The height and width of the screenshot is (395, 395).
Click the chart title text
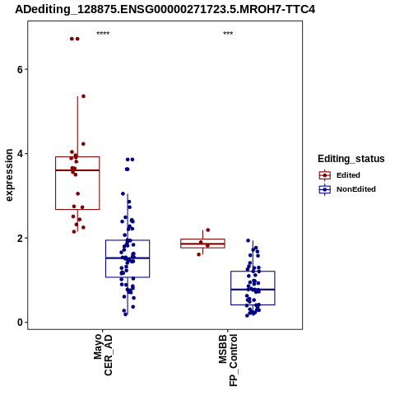point(165,9)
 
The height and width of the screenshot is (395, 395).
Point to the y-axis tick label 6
point(20,69)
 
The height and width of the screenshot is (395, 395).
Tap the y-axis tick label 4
point(20,154)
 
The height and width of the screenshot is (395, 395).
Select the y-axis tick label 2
point(20,238)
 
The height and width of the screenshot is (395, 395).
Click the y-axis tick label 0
point(20,323)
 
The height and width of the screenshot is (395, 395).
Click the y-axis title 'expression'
point(9,175)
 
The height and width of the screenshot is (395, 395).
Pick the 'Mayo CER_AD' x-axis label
point(103,355)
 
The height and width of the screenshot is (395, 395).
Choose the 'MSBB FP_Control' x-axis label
point(228,360)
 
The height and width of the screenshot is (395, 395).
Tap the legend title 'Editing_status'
point(351,159)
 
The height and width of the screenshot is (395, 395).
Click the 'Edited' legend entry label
point(348,175)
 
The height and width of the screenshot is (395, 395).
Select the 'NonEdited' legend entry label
point(356,189)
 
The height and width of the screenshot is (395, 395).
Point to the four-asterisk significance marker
point(103,33)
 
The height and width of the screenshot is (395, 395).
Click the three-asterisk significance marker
point(228,33)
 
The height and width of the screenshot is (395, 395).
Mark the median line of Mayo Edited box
point(77,170)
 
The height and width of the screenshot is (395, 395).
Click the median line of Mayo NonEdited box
point(128,258)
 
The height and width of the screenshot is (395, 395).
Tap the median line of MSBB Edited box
point(202,244)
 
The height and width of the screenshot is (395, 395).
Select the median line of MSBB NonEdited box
point(253,290)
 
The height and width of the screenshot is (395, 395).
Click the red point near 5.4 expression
point(83,96)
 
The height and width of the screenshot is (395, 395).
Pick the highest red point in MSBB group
point(208,230)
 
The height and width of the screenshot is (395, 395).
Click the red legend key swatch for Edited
point(325,175)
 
